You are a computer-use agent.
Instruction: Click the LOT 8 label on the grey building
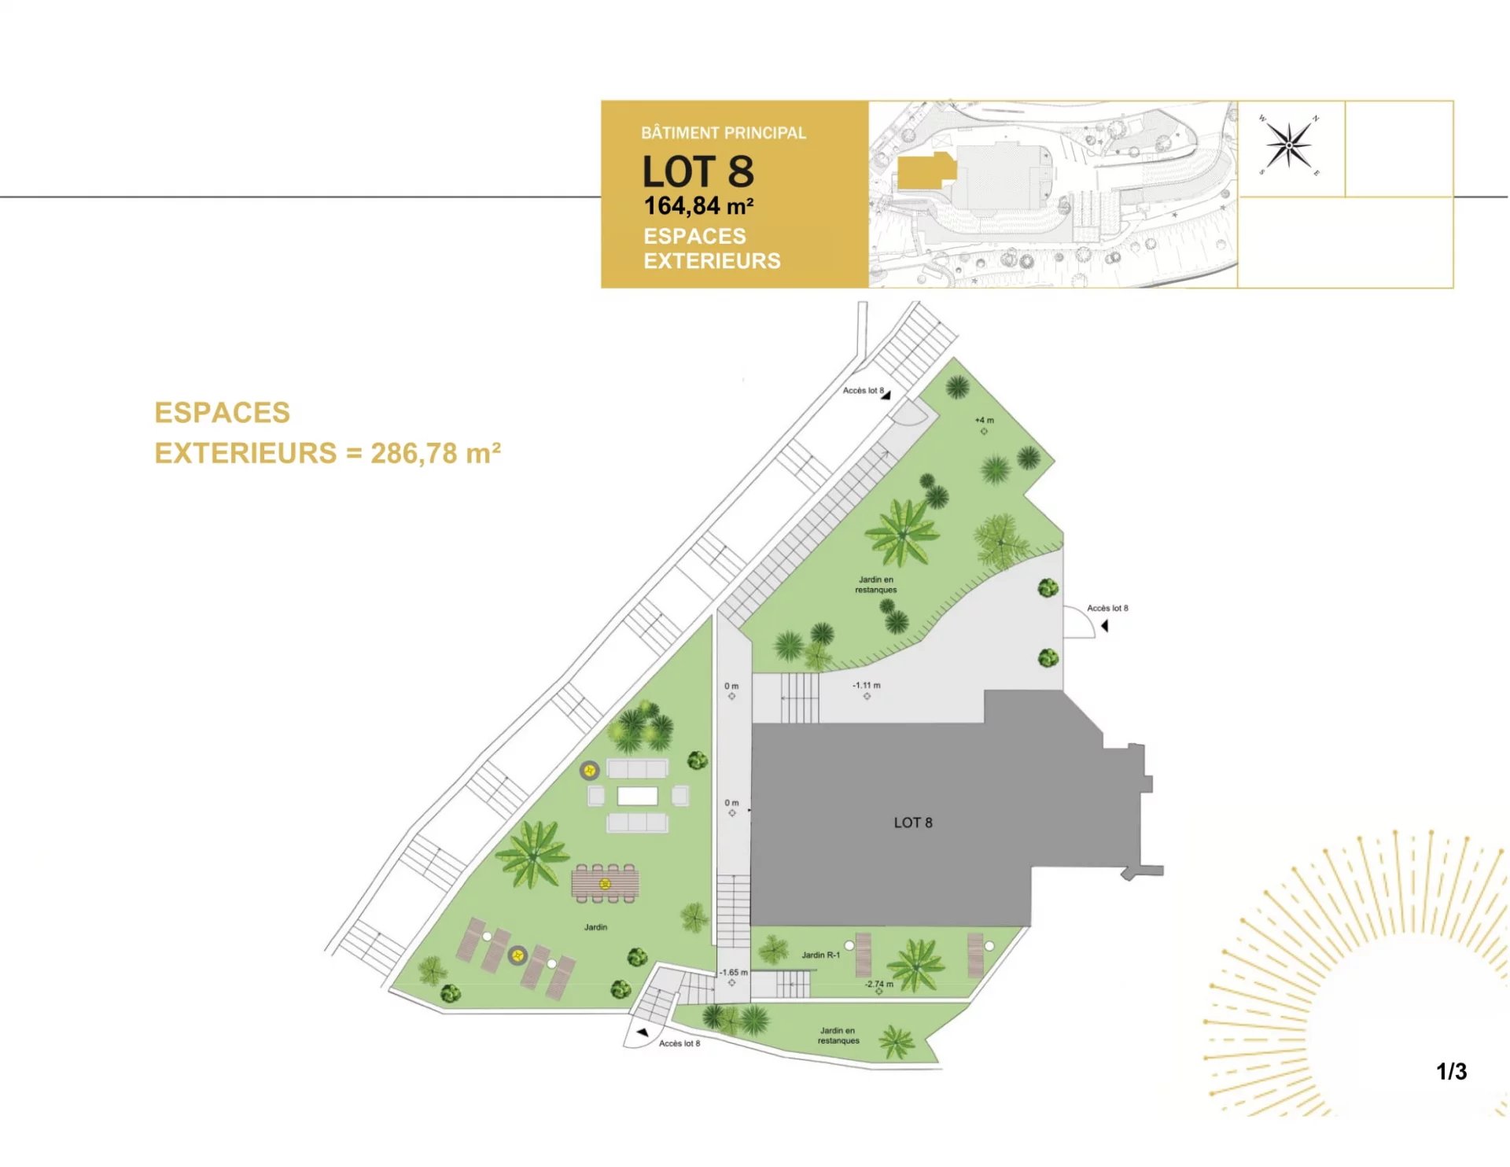pos(912,823)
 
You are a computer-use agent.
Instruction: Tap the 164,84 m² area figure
pos(698,206)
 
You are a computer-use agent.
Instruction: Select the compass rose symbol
pos(1289,145)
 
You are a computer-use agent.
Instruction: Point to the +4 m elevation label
pos(984,420)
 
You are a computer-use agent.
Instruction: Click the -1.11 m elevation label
pos(867,685)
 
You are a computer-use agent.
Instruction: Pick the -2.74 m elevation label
pos(879,984)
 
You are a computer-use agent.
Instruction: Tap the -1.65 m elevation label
pos(733,972)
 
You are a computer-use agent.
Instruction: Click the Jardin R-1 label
pos(820,955)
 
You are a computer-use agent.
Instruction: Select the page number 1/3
pos(1451,1071)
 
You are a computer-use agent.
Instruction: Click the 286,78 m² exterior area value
pos(436,453)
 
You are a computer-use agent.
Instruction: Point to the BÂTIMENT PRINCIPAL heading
pos(724,133)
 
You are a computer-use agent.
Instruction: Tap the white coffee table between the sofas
pos(637,796)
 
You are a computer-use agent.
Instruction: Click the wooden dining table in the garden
pos(605,884)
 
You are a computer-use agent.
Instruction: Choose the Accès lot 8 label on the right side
pos(1107,608)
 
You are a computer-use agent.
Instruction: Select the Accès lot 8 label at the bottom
pos(679,1044)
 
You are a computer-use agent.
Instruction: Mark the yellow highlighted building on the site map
pos(926,171)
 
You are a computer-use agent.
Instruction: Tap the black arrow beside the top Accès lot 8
pos(886,396)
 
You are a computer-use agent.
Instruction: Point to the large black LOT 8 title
pos(698,171)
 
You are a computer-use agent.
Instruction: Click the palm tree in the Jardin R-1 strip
pos(916,965)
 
